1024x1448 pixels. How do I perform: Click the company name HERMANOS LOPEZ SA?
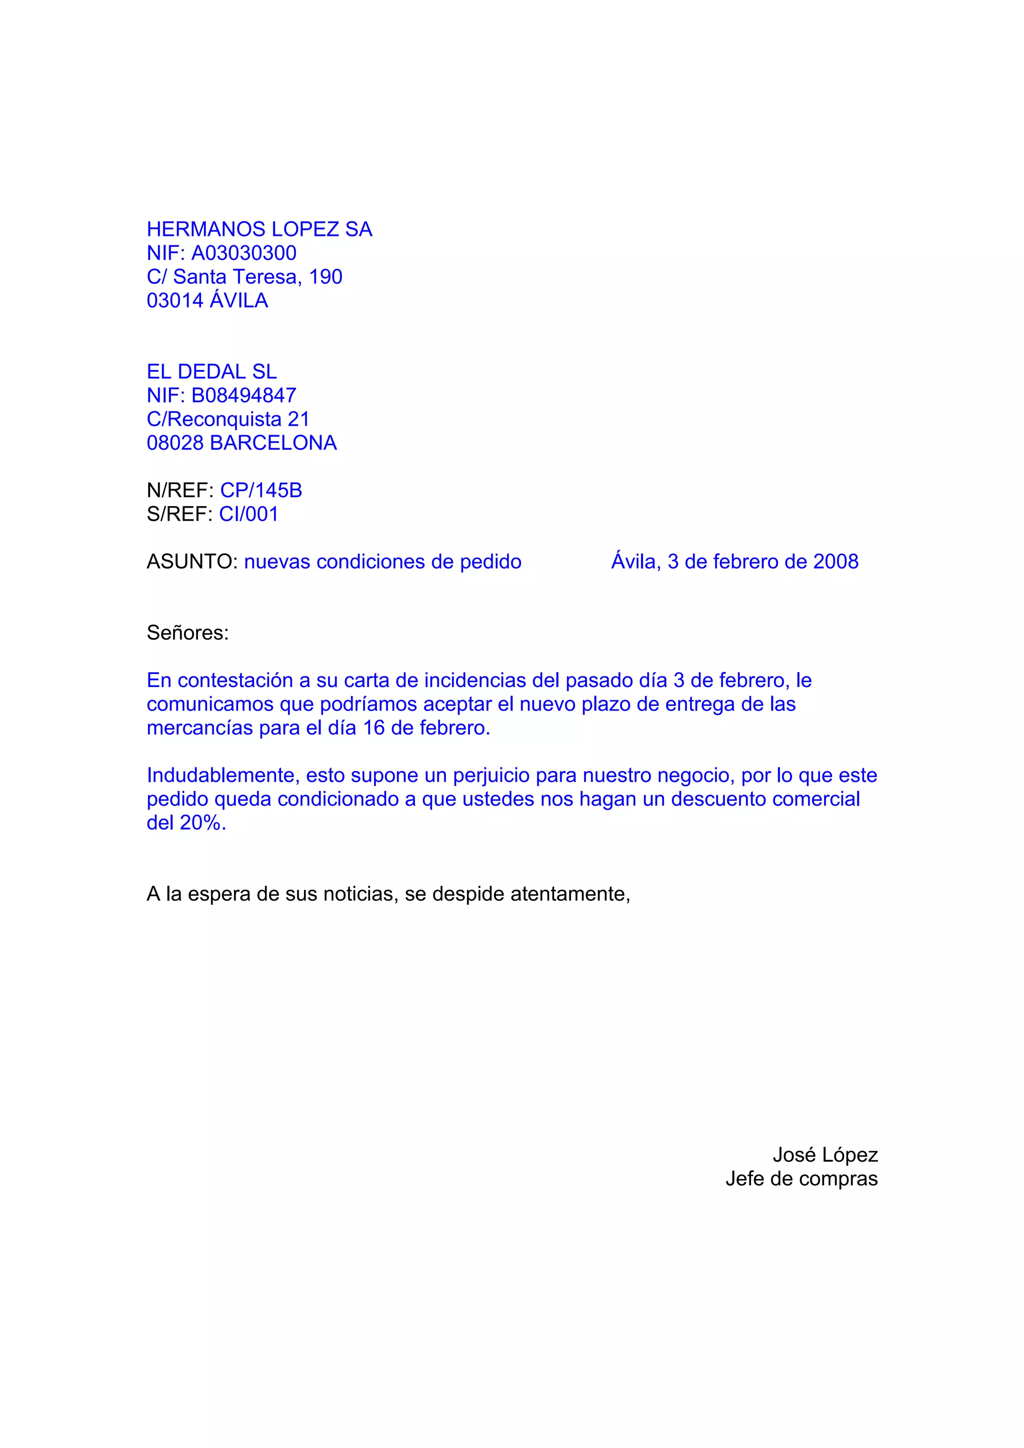259,229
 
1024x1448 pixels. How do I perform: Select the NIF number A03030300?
243,253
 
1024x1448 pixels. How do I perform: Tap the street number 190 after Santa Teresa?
325,277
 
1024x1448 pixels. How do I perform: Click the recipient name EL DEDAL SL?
211,371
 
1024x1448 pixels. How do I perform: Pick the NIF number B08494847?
243,395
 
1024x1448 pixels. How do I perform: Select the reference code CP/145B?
260,490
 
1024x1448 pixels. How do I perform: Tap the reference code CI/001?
248,514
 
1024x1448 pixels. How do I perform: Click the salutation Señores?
187,633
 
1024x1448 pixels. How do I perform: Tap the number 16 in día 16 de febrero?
373,728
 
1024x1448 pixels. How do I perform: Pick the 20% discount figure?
202,823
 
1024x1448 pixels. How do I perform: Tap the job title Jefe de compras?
801,1179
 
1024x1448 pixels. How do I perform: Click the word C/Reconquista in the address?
214,419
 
